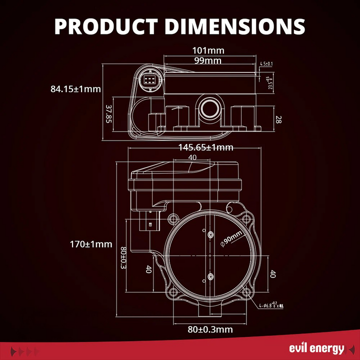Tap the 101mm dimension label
point(208,50)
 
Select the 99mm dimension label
point(207,60)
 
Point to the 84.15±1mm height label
point(75,89)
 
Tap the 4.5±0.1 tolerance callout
point(266,64)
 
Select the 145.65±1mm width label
point(206,147)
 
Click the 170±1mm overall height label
point(91,244)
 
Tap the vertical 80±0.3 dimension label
point(123,258)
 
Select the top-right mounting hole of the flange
point(246,218)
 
